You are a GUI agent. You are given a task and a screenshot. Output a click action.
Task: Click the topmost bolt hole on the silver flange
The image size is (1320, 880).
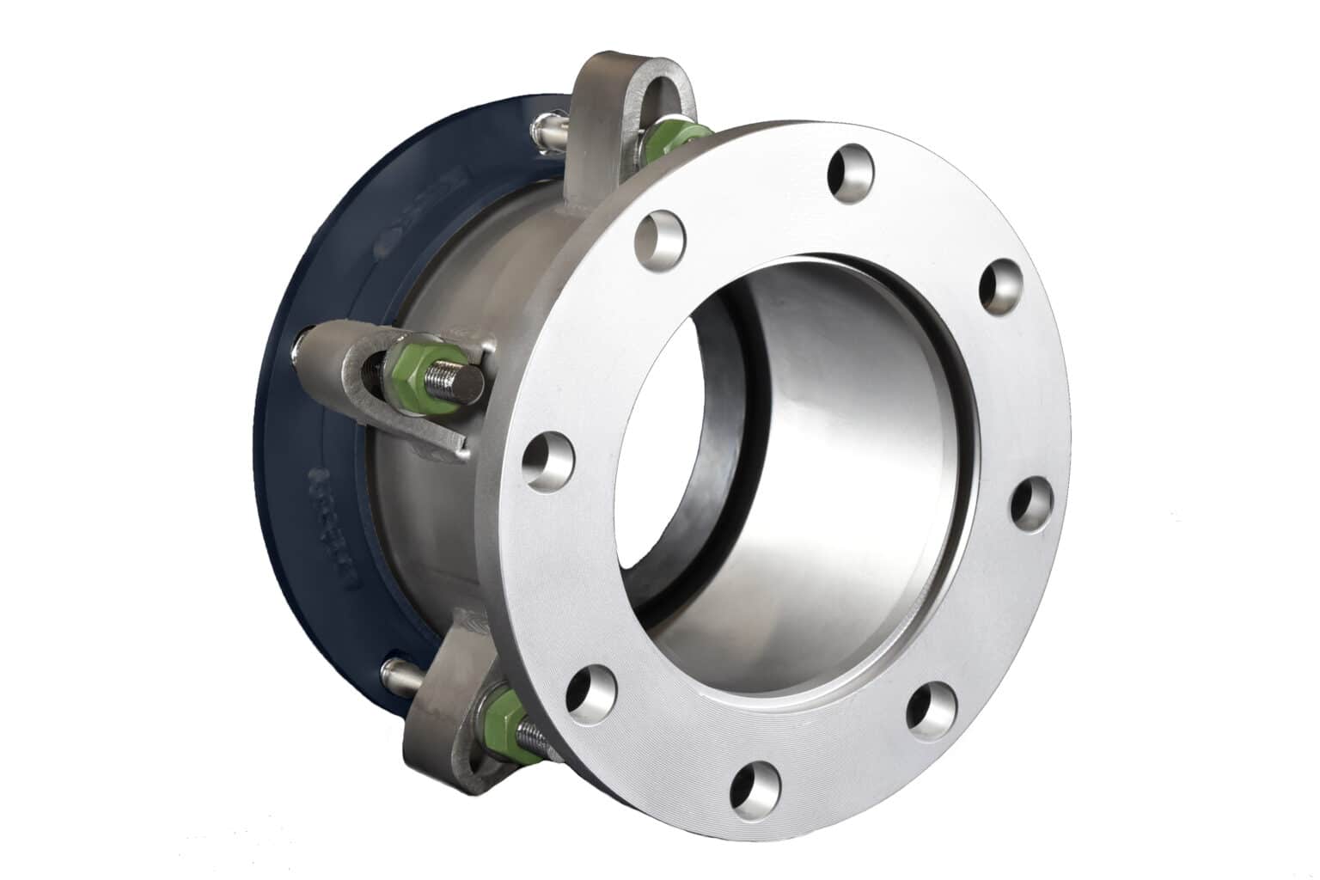coord(849,173)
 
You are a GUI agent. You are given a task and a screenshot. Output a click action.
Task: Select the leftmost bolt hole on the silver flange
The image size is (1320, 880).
coord(549,461)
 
